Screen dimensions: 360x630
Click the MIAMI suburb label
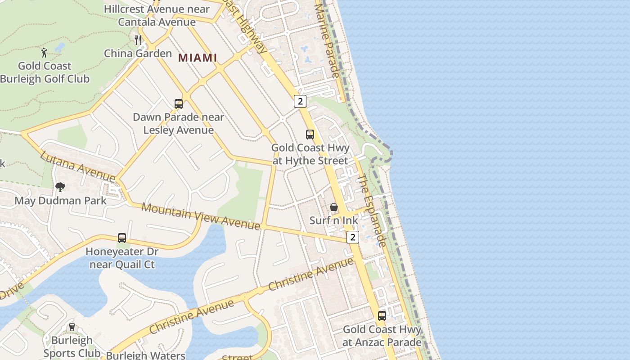tap(198, 58)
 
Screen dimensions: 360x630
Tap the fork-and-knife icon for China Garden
tap(138, 40)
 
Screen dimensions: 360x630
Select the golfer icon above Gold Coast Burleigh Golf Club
tap(44, 53)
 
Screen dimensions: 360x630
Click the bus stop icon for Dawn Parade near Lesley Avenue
tap(179, 104)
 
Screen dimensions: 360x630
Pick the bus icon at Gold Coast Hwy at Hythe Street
tap(310, 134)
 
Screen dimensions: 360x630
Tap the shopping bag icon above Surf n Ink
tap(334, 207)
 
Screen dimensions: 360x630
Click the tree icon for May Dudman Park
tap(60, 187)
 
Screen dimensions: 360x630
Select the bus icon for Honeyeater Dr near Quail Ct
tap(121, 238)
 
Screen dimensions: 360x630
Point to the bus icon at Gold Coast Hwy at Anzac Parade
tap(382, 315)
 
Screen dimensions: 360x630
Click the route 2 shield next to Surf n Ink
tap(353, 237)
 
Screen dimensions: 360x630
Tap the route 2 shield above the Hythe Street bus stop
tap(300, 101)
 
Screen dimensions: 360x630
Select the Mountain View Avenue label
tap(201, 216)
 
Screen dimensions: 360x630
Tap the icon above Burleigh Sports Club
tap(72, 327)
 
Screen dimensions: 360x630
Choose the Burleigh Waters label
tap(145, 355)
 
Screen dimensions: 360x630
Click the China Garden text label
tap(138, 54)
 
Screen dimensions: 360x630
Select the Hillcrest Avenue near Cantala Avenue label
tap(157, 15)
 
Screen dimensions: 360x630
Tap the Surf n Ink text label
tap(334, 220)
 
